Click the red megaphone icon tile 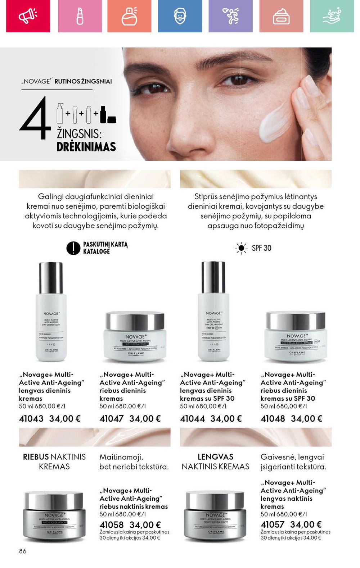(x=28, y=16)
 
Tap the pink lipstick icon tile (x=80, y=16)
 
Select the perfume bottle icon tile (x=129, y=16)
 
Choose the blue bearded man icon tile (x=180, y=16)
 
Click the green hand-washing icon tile (x=332, y=16)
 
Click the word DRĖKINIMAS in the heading (x=86, y=147)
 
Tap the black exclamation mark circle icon (x=73, y=248)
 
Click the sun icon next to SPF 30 (x=241, y=248)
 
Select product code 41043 (x=31, y=419)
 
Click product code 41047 (x=111, y=419)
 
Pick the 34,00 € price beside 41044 (x=226, y=419)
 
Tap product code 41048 (x=273, y=419)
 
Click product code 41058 (x=111, y=525)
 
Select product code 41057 (x=272, y=524)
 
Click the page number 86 (x=23, y=551)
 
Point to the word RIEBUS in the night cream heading (x=36, y=457)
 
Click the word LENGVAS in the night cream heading (x=215, y=457)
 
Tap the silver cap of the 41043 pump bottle (x=51, y=277)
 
